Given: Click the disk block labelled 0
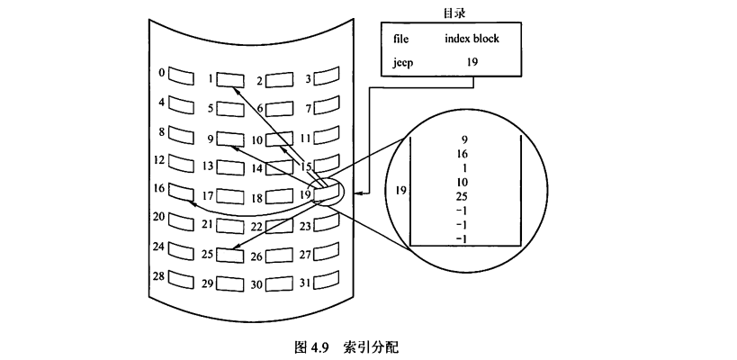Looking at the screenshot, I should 182,73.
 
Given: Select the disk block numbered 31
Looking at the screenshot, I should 325,283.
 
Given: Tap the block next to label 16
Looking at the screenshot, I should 182,192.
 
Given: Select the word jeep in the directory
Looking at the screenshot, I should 403,64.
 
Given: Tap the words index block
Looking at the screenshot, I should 472,39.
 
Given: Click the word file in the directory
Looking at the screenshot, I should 400,39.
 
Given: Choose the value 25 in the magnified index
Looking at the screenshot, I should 463,196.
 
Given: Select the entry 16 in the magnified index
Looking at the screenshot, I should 463,154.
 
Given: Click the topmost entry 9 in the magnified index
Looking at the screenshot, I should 463,139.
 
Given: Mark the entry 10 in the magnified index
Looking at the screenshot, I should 463,182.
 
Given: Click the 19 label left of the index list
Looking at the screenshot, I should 401,191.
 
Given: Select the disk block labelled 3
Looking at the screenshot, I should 325,77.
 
